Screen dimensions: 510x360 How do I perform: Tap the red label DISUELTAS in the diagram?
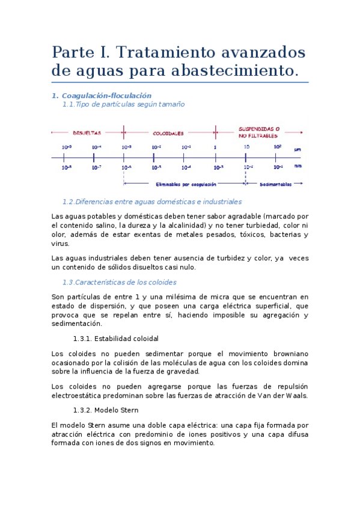[x=87, y=132]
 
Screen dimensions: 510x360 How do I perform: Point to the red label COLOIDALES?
[x=168, y=133]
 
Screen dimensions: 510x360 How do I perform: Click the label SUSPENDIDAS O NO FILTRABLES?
[x=259, y=132]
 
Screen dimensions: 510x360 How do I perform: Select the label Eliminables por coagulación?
[x=186, y=185]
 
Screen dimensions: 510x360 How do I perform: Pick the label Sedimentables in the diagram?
[x=276, y=185]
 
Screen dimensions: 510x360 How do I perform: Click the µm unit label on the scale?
[x=297, y=149]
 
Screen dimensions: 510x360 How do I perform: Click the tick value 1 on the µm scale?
[x=215, y=147]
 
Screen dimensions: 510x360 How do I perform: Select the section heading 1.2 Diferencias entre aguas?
[x=151, y=201]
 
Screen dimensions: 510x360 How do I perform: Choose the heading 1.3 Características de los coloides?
[x=119, y=282]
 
